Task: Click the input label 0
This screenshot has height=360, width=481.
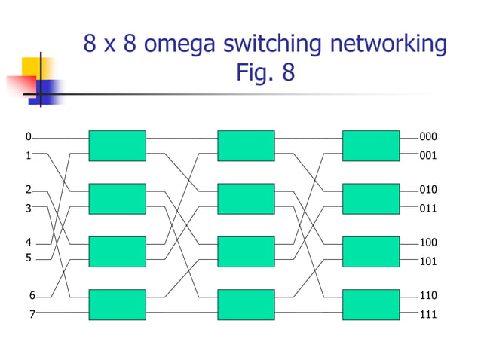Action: (x=28, y=137)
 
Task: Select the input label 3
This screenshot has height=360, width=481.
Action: (x=28, y=208)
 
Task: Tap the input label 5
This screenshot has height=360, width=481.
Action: (x=28, y=258)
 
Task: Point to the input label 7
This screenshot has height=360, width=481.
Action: (x=32, y=314)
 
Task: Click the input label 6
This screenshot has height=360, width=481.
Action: (x=32, y=295)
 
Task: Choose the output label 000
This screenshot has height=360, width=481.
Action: (x=428, y=137)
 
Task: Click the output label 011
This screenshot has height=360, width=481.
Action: (x=428, y=208)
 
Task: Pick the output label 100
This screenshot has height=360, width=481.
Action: (x=428, y=243)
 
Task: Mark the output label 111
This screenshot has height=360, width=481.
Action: (x=428, y=314)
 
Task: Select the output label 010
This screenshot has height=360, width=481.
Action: (x=428, y=189)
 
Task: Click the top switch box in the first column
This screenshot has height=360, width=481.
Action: (x=117, y=146)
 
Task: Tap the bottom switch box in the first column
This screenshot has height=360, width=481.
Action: (x=117, y=305)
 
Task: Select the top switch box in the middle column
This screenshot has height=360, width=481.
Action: (x=246, y=146)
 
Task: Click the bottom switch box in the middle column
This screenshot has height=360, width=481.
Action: (x=246, y=305)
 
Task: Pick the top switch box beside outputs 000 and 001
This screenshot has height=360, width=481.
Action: (x=370, y=146)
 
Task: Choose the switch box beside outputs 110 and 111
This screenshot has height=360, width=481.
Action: (x=370, y=305)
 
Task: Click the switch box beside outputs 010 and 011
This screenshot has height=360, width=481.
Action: (x=370, y=199)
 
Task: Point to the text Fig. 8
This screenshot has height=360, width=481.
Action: (x=265, y=74)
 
